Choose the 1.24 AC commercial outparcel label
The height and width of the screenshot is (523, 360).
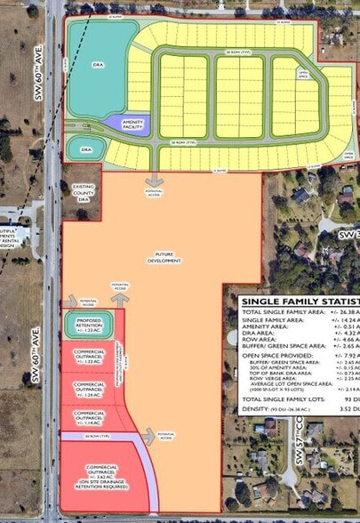click(90, 388)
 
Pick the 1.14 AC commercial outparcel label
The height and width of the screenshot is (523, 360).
click(90, 416)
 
